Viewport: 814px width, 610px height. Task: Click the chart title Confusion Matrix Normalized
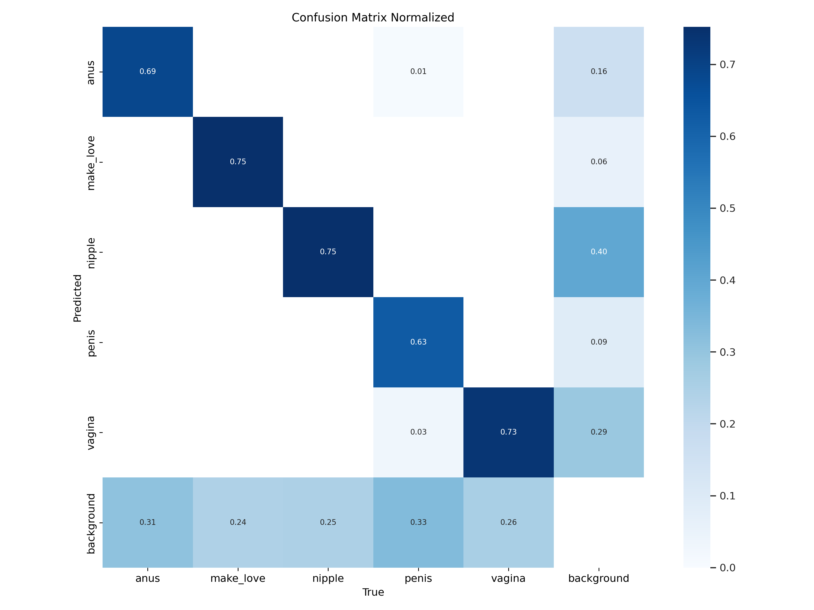(x=373, y=18)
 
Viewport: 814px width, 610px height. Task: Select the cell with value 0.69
(x=148, y=71)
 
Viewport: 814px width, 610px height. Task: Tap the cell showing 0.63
(x=418, y=342)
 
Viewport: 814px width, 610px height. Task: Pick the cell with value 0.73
(x=508, y=432)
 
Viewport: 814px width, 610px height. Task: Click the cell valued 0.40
(x=599, y=252)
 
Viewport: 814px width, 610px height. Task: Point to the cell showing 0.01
(x=418, y=71)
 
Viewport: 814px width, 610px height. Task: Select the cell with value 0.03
(x=418, y=432)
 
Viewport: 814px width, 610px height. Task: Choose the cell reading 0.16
(x=599, y=71)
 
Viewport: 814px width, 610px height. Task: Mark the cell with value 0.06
(x=599, y=162)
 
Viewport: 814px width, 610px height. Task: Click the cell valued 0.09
(x=599, y=342)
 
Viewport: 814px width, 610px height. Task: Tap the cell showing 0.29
(x=599, y=432)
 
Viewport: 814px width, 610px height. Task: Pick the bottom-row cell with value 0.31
(x=148, y=522)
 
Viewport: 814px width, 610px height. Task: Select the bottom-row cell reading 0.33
(x=418, y=522)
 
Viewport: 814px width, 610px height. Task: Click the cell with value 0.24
(x=238, y=522)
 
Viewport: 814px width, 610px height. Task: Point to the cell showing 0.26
(x=508, y=522)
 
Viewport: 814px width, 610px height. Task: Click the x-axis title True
(x=373, y=592)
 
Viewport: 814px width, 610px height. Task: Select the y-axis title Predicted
(x=77, y=298)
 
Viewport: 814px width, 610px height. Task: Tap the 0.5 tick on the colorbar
(x=727, y=208)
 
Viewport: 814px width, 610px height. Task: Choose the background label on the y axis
(x=91, y=524)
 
